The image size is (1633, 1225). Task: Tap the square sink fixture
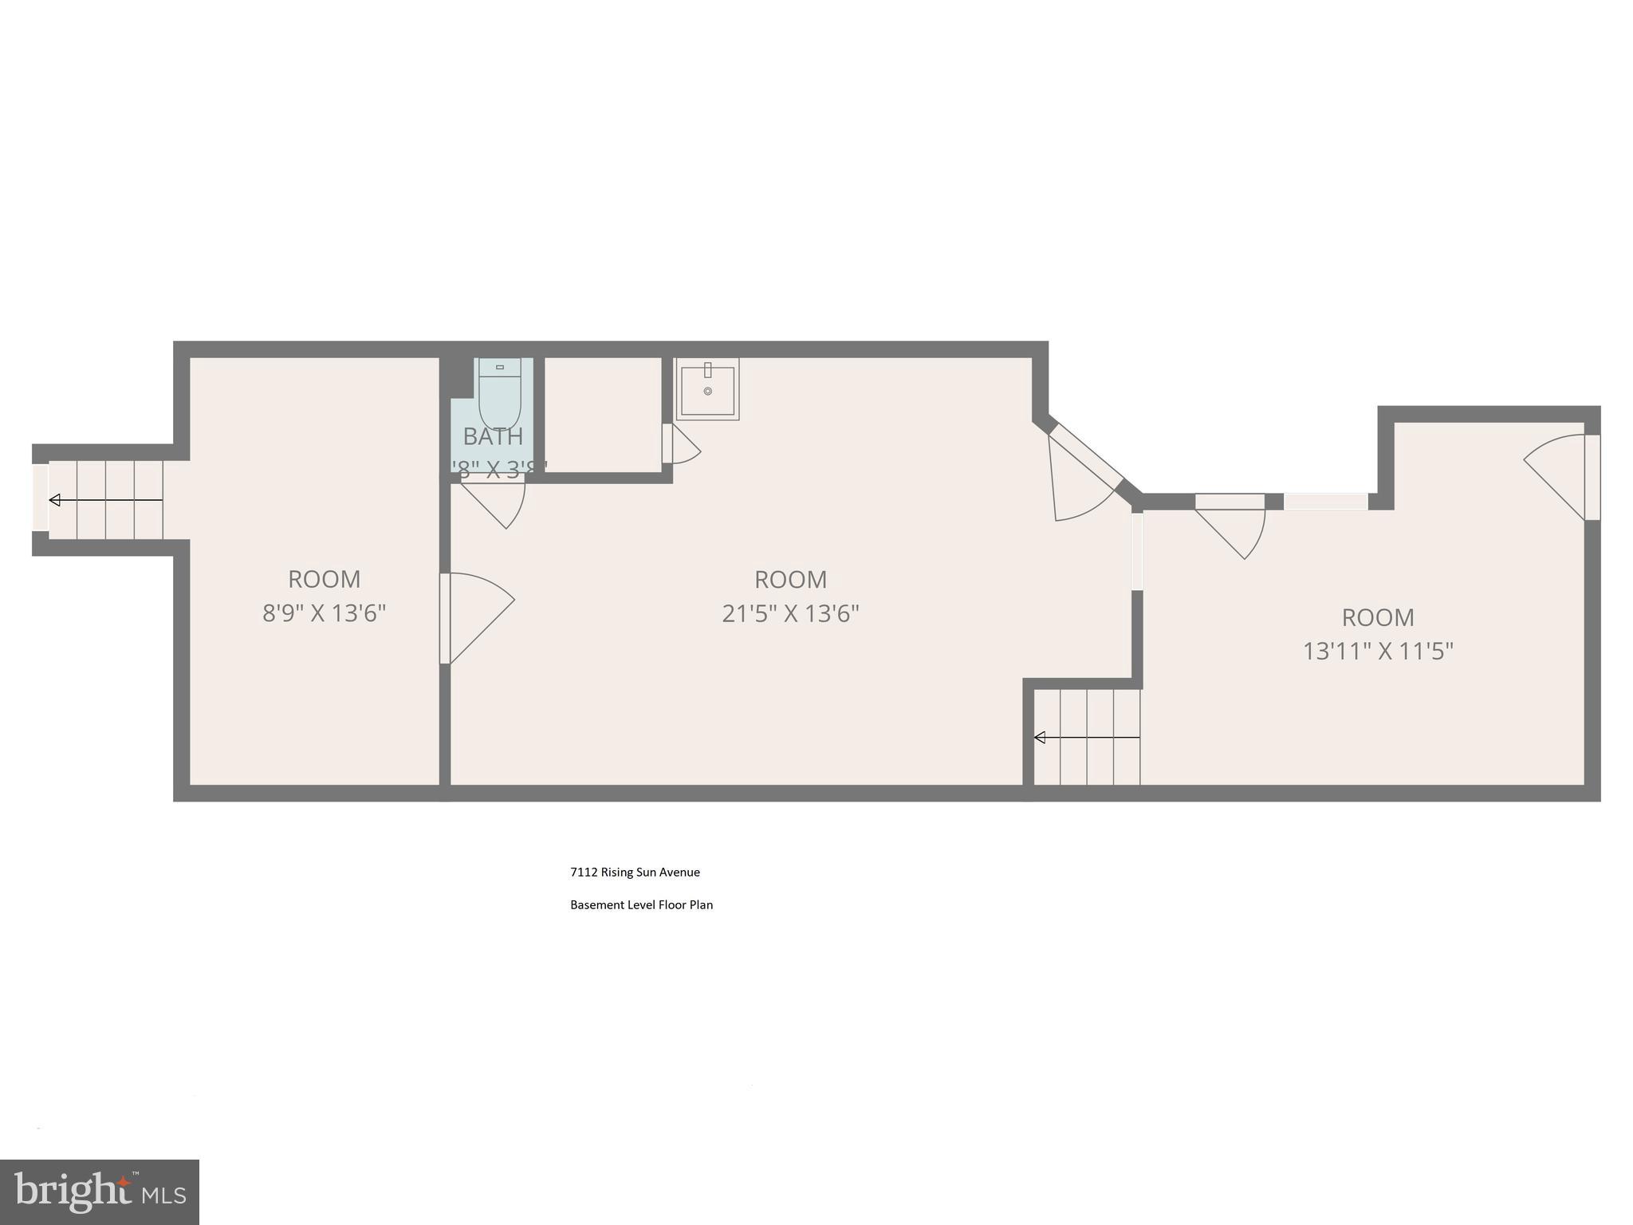coord(707,389)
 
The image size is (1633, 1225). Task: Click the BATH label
coord(493,436)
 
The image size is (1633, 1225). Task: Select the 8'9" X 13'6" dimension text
coord(325,613)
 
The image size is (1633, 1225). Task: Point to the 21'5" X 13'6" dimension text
coord(790,613)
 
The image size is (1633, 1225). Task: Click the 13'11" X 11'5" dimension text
coord(1378,652)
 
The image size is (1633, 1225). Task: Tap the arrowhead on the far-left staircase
coord(55,500)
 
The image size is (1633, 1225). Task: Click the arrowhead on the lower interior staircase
coord(1040,738)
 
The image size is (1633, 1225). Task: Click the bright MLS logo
coord(100,1192)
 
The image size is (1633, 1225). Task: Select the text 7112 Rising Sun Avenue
coord(635,872)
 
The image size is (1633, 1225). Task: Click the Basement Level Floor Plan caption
coord(641,905)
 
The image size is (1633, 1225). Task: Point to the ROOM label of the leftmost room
coord(325,579)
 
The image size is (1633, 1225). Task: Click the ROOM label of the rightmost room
coord(1378,617)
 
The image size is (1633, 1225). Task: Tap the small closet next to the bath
coord(603,414)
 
